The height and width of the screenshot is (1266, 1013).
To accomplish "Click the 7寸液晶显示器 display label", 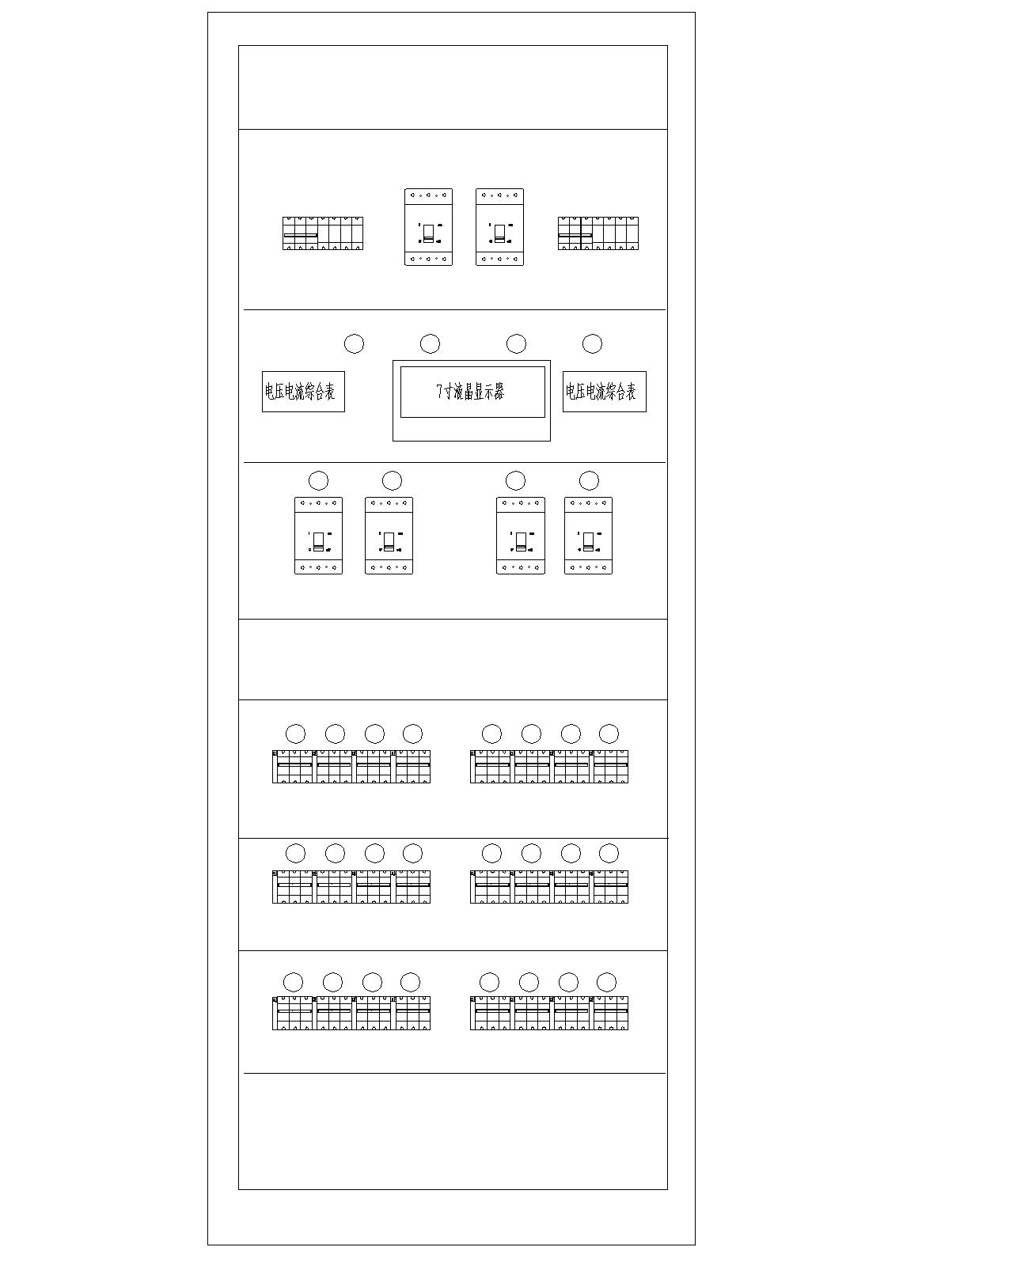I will point(472,392).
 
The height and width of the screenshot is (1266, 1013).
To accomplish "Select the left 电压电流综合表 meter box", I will point(303,392).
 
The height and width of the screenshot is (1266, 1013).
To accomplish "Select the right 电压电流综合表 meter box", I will point(604,392).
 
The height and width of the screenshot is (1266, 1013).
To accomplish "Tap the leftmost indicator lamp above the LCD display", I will point(354,343).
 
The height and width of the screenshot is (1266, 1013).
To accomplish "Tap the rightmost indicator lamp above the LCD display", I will point(592,343).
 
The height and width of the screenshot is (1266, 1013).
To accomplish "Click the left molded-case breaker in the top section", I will point(428,227).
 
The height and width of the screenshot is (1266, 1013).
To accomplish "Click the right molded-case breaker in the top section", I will point(499,227).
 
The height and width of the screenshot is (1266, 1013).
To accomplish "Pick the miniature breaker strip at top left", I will point(322,233).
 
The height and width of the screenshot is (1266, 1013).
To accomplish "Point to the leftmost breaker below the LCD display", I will point(318,536).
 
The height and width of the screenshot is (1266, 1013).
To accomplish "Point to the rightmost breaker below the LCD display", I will point(588,536).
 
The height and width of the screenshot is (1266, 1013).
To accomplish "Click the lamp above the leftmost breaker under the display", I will point(318,480).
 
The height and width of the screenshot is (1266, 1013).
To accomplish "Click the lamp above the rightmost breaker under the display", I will point(589,480).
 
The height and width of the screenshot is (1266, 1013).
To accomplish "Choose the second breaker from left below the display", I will point(389,536).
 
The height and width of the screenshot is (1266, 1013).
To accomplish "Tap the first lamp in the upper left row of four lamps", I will point(295,733).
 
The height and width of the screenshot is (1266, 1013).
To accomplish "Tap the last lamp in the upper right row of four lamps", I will point(609,733).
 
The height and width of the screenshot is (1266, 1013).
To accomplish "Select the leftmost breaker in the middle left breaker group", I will point(293,886).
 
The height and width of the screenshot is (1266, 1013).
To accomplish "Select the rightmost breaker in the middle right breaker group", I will point(610,886).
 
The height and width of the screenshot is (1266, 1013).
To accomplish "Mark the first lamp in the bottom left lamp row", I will point(294,982).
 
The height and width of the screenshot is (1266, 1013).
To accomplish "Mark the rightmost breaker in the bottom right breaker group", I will point(610,1014).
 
